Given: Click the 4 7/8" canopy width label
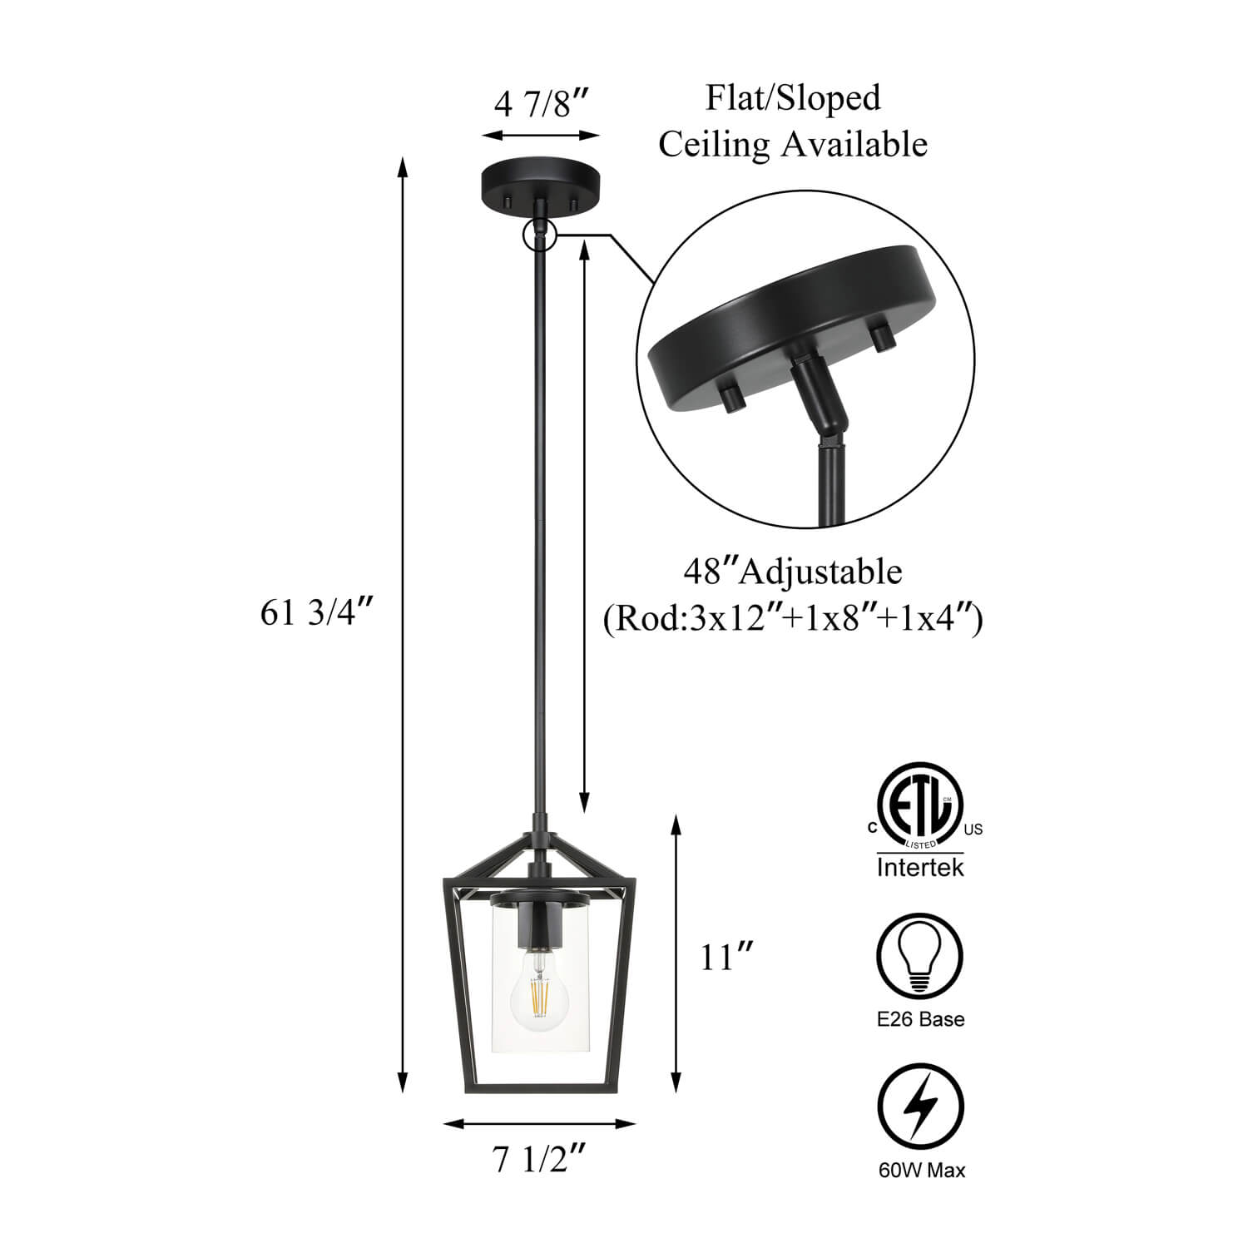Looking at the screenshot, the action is coord(542,105).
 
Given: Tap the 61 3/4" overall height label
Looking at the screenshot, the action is coord(314,613).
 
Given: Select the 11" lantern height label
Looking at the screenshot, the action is coord(725,958).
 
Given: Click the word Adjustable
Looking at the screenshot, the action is coord(821,572).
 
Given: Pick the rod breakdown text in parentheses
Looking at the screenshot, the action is coord(793,620).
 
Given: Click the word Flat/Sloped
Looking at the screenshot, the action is coord(793,97).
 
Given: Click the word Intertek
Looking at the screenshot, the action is coord(920,868).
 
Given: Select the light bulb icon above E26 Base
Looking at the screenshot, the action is coord(920,956).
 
